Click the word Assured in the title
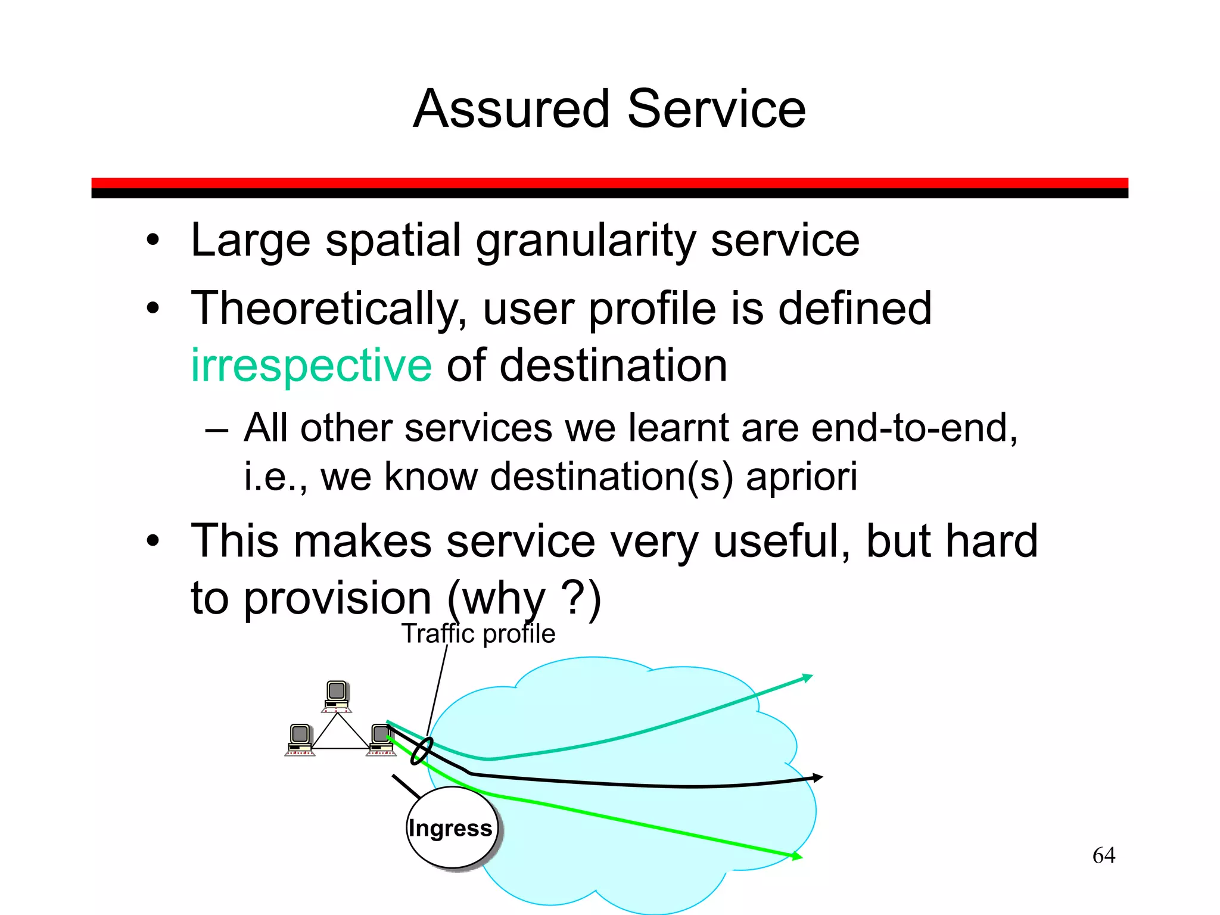coord(511,109)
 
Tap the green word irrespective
coord(311,365)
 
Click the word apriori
coord(801,477)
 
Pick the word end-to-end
coord(914,428)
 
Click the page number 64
coord(1103,855)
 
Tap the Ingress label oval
coord(452,828)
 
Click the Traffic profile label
coord(478,634)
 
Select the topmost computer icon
coord(337,696)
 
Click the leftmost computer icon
coord(300,739)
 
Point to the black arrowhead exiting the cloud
coord(817,778)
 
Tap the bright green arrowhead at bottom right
coord(796,857)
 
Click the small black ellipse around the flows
coord(422,751)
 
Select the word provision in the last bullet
coord(338,598)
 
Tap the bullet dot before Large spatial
coord(153,241)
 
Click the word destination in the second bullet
coord(613,365)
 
